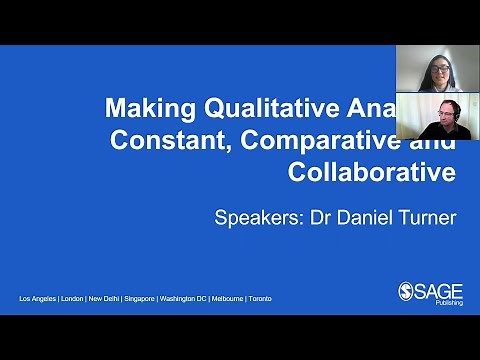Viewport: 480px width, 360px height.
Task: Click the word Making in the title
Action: tap(147, 106)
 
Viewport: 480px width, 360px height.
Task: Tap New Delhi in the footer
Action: tap(112, 299)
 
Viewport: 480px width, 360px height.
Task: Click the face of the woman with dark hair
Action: tap(438, 71)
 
